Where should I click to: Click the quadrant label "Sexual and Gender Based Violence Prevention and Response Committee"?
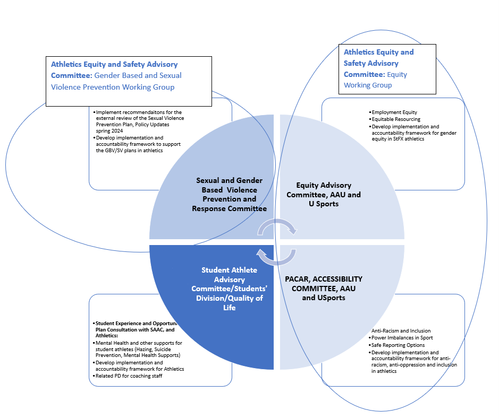pos(229,195)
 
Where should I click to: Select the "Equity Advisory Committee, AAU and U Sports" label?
pos(324,194)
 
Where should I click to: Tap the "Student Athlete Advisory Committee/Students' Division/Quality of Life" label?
pos(229,288)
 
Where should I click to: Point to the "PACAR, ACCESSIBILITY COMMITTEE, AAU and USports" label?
pos(324,288)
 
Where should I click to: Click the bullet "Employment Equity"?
pos(394,112)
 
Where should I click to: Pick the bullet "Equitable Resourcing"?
pos(396,119)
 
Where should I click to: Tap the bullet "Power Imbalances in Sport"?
pos(402,338)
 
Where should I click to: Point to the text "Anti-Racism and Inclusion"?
pos(401,331)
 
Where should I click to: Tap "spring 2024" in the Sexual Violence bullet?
pos(109,130)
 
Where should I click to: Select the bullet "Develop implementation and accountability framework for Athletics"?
pos(139,366)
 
